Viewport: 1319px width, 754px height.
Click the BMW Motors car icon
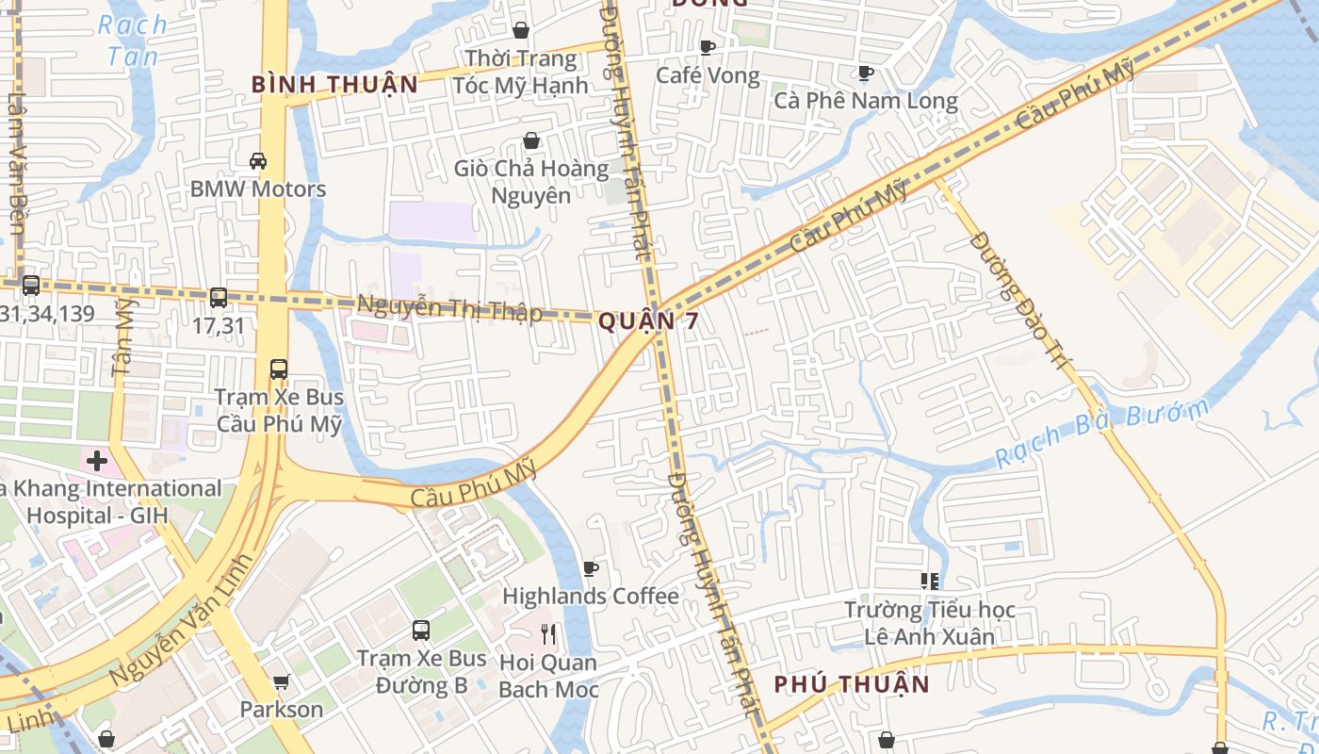pos(258,161)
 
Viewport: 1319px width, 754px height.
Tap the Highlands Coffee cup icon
pos(591,568)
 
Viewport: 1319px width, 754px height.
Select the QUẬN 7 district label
pos(649,321)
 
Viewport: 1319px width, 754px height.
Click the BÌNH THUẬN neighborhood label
pos(334,84)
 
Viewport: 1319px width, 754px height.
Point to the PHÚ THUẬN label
pos(852,684)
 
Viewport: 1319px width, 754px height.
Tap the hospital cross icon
pos(97,461)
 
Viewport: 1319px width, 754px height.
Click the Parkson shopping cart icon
pos(281,681)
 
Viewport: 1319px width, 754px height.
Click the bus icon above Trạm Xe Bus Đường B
pos(421,630)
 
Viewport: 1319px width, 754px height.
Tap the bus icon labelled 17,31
pos(219,298)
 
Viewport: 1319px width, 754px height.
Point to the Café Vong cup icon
pos(708,47)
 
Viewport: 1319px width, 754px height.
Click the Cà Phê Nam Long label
pos(865,101)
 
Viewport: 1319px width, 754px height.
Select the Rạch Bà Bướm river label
pos(1102,435)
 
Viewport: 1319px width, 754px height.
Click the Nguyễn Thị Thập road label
pos(449,308)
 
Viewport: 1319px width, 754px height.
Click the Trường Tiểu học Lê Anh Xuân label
pos(929,623)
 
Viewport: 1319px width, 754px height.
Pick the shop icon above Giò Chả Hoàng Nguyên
pos(532,141)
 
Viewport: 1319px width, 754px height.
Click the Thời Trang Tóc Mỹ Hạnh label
pos(520,72)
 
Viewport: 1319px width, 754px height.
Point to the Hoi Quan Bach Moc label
pos(547,676)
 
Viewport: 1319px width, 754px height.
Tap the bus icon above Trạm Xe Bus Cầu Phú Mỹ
pos(279,369)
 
